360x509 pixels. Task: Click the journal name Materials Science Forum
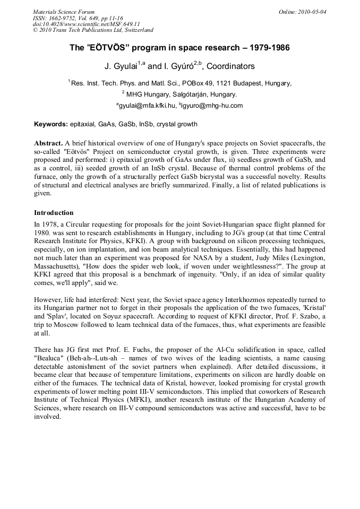point(64,11)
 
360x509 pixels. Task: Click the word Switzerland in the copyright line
point(136,30)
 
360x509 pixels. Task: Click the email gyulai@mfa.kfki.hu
point(147,106)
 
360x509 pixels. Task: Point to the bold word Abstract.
point(48,144)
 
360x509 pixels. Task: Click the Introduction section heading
point(54,213)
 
